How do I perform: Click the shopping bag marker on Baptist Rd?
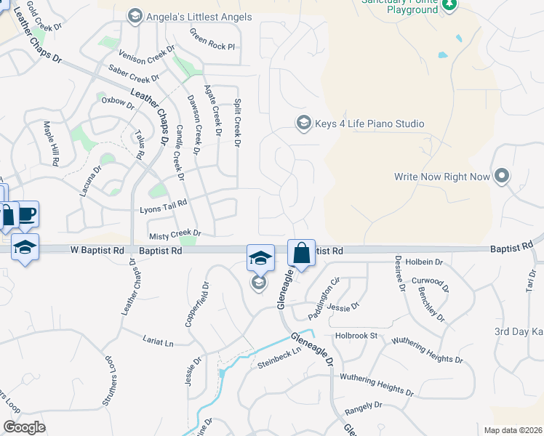(301, 254)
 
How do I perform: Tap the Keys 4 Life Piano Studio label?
(369, 124)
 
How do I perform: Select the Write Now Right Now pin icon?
(501, 176)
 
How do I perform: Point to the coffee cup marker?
(27, 214)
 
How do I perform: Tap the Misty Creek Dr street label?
(175, 235)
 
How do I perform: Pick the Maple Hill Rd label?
(53, 144)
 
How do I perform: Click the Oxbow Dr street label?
(118, 102)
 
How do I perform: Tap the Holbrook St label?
(356, 336)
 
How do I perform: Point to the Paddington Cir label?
(325, 289)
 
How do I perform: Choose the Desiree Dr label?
(399, 273)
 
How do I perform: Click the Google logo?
(24, 427)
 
